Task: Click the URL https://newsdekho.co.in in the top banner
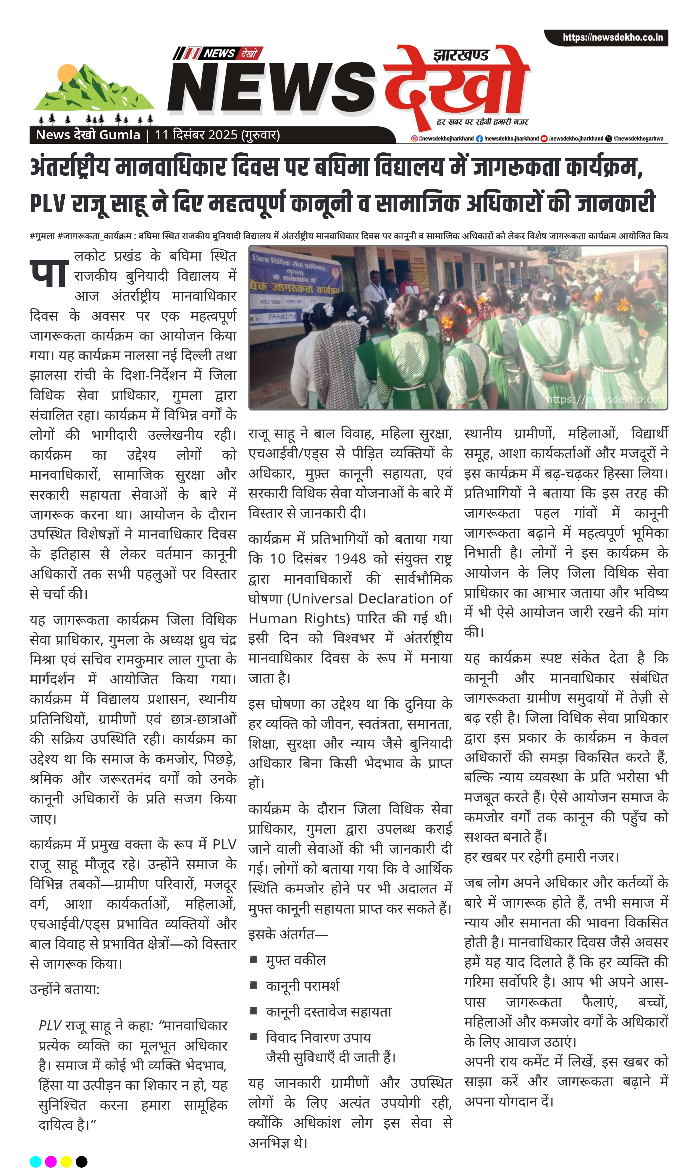click(613, 38)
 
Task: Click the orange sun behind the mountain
click(67, 74)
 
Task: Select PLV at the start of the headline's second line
click(48, 203)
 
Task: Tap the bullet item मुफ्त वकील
click(296, 960)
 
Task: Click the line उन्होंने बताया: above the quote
click(64, 989)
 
